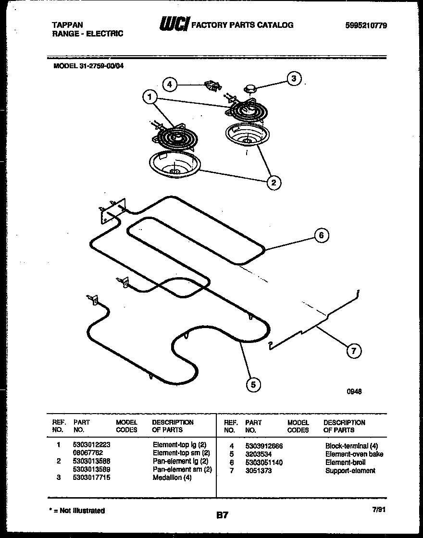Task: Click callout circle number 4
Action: pos(169,85)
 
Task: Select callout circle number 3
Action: pos(294,78)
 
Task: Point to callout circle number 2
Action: pos(274,182)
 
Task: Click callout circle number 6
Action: pos(322,235)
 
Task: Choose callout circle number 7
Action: pos(353,351)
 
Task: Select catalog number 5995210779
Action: pos(366,25)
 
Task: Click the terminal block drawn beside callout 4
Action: pos(212,86)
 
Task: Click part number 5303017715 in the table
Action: pos(92,478)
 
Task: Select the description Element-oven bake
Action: pos(354,454)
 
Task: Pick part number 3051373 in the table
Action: pos(258,471)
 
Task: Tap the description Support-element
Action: pos(350,471)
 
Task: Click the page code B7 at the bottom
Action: pos(222,515)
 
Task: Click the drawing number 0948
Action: pos(354,391)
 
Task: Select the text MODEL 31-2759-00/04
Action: pos(88,67)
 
